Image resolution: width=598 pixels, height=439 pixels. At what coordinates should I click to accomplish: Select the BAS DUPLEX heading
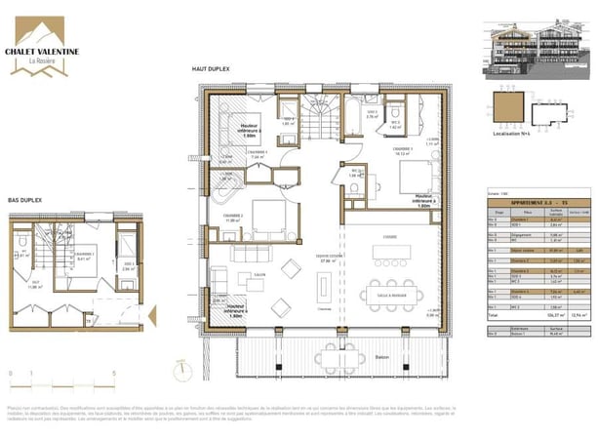click(25, 200)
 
